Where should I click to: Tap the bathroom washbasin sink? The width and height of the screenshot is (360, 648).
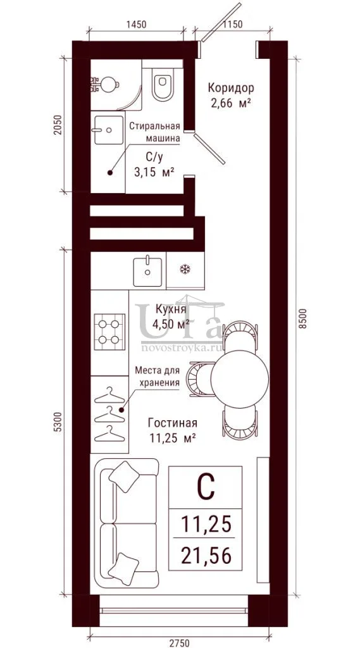click(x=109, y=130)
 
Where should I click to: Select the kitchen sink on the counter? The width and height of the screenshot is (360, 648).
click(x=147, y=271)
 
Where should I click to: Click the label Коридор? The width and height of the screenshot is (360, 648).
click(x=231, y=87)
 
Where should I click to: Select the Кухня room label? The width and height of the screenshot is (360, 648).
click(x=171, y=309)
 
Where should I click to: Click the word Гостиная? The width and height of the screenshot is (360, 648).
click(x=172, y=423)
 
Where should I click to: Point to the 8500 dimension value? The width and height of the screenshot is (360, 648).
click(x=304, y=318)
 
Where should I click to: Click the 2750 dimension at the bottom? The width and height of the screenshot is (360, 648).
click(x=179, y=642)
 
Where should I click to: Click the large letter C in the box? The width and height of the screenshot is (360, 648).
click(x=206, y=487)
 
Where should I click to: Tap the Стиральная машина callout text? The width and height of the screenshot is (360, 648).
click(x=155, y=132)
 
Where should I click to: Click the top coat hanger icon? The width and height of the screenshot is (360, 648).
click(x=109, y=394)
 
